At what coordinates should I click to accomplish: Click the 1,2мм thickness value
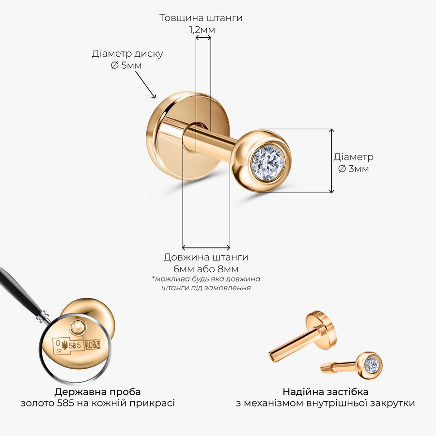point(202,30)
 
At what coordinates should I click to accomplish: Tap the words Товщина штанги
point(201,18)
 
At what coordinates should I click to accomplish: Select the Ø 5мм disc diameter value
point(126,65)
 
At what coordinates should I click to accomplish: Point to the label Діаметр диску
point(127,53)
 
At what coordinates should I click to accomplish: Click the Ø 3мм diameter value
point(354,169)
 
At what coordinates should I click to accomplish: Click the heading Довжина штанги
point(206,257)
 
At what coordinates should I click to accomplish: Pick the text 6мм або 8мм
point(206,269)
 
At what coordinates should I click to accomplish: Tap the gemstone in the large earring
point(268,161)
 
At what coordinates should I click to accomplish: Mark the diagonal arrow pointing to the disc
point(145,84)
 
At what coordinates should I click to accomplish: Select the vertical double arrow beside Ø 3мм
point(331,161)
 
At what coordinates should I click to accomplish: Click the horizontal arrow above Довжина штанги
point(206,247)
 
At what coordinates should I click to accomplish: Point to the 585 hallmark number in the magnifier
point(75,345)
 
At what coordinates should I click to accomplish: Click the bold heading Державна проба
point(97,392)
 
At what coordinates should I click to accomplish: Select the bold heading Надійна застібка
point(326,392)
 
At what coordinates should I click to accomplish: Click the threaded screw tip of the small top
point(327,367)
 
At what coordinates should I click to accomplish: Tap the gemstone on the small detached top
point(372,364)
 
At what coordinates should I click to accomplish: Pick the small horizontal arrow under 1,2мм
point(203,38)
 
